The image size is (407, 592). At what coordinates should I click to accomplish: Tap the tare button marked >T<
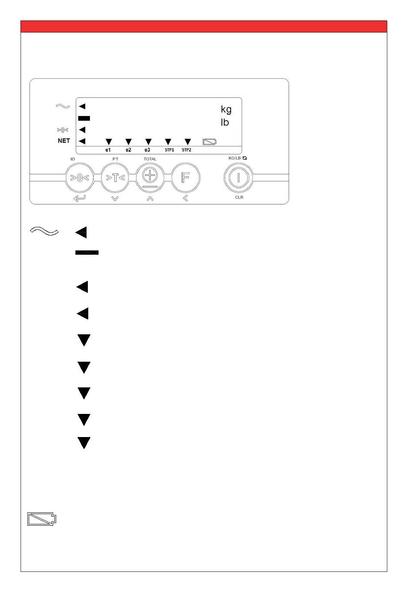click(115, 178)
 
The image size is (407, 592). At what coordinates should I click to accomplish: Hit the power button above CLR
click(239, 178)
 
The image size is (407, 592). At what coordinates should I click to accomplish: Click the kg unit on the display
click(226, 109)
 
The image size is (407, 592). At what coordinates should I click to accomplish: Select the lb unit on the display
click(224, 122)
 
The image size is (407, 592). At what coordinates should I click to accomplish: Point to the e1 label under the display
click(108, 150)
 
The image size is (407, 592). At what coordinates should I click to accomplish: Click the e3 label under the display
click(147, 150)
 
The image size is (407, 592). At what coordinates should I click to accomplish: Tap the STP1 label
click(169, 150)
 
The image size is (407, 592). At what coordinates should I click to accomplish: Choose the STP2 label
click(186, 150)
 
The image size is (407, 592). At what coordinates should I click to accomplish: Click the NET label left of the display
click(64, 140)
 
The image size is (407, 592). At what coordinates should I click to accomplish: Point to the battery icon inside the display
click(209, 141)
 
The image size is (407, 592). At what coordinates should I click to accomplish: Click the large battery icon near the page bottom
click(42, 519)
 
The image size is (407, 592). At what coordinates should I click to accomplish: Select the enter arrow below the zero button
click(80, 198)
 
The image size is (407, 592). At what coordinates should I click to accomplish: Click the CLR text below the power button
click(239, 197)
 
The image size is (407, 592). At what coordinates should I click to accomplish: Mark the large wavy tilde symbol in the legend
click(45, 232)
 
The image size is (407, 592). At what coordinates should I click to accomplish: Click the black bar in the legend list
click(87, 253)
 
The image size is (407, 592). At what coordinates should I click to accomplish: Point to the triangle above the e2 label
click(128, 141)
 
